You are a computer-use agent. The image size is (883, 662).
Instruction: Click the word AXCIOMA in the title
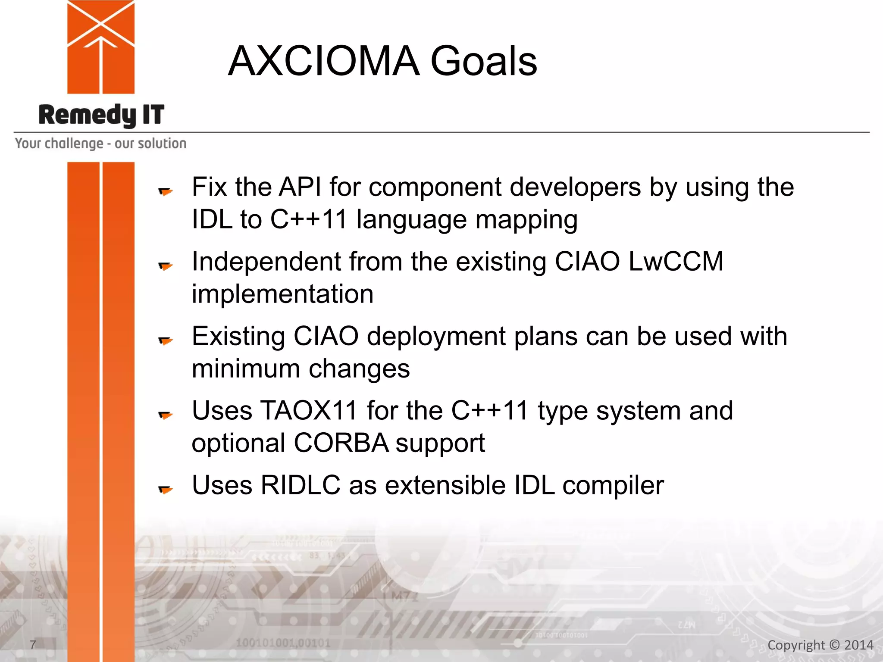(x=323, y=61)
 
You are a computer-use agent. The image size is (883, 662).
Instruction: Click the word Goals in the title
(x=483, y=61)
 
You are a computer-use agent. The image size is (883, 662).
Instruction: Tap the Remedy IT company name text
(x=101, y=115)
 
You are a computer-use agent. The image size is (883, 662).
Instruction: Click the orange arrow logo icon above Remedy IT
(x=101, y=47)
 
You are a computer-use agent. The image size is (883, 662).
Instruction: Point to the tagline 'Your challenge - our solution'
(x=100, y=144)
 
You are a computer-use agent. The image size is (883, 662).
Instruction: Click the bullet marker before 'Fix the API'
(x=165, y=191)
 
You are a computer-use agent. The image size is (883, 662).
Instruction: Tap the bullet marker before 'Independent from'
(x=165, y=266)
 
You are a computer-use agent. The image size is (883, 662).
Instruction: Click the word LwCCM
(x=676, y=262)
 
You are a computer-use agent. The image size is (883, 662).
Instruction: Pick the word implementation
(x=282, y=294)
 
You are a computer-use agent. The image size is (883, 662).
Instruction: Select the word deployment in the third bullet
(x=436, y=336)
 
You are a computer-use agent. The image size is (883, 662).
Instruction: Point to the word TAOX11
(x=309, y=410)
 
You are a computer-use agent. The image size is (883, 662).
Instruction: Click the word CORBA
(x=341, y=443)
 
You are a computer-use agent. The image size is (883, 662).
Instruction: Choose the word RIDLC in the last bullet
(x=301, y=485)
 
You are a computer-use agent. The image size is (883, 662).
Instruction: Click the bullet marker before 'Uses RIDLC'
(x=165, y=489)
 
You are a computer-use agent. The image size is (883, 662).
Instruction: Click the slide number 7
(x=33, y=644)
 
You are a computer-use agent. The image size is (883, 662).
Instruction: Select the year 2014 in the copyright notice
(x=858, y=645)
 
